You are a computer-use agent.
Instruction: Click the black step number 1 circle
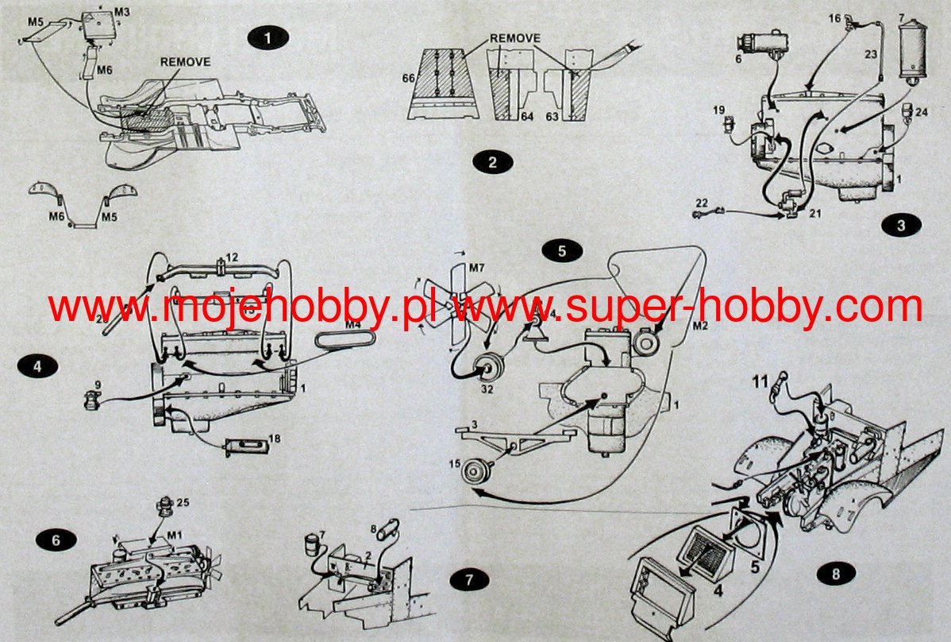pyautogui.click(x=268, y=38)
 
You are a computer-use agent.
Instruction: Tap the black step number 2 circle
pyautogui.click(x=492, y=163)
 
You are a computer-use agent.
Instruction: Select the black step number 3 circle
pyautogui.click(x=901, y=225)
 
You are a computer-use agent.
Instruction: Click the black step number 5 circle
pyautogui.click(x=562, y=251)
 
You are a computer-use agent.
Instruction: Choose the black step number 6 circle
pyautogui.click(x=56, y=540)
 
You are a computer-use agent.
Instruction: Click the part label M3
pyautogui.click(x=121, y=13)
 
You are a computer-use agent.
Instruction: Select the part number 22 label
pyautogui.click(x=701, y=203)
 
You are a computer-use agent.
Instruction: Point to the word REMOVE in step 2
pyautogui.click(x=514, y=38)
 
